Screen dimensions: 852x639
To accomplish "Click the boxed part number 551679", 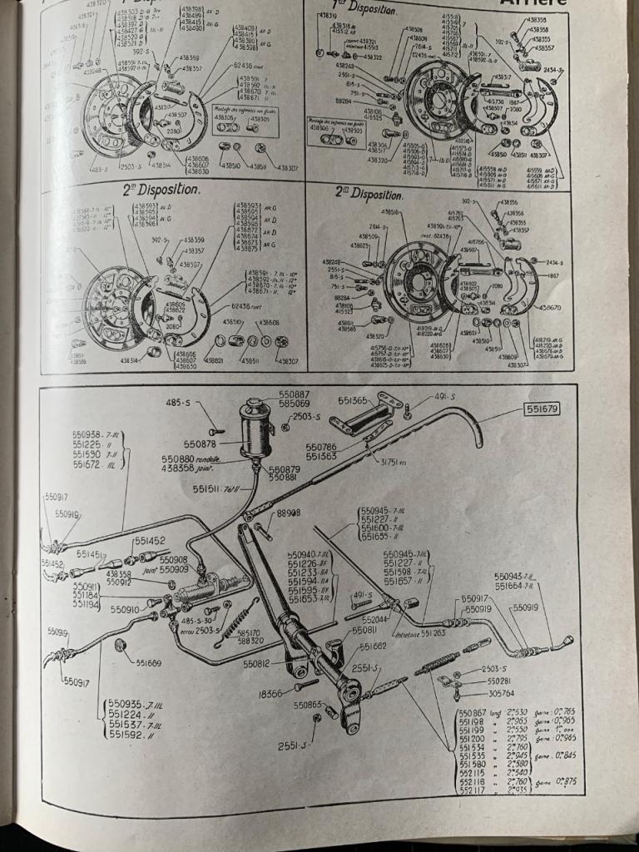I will click(x=542, y=409).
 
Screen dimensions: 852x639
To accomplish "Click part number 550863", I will click(x=309, y=705).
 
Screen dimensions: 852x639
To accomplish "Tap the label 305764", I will click(x=506, y=693).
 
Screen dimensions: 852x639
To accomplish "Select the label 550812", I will click(x=257, y=663).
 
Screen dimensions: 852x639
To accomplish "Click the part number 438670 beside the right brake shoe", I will click(x=550, y=307).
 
